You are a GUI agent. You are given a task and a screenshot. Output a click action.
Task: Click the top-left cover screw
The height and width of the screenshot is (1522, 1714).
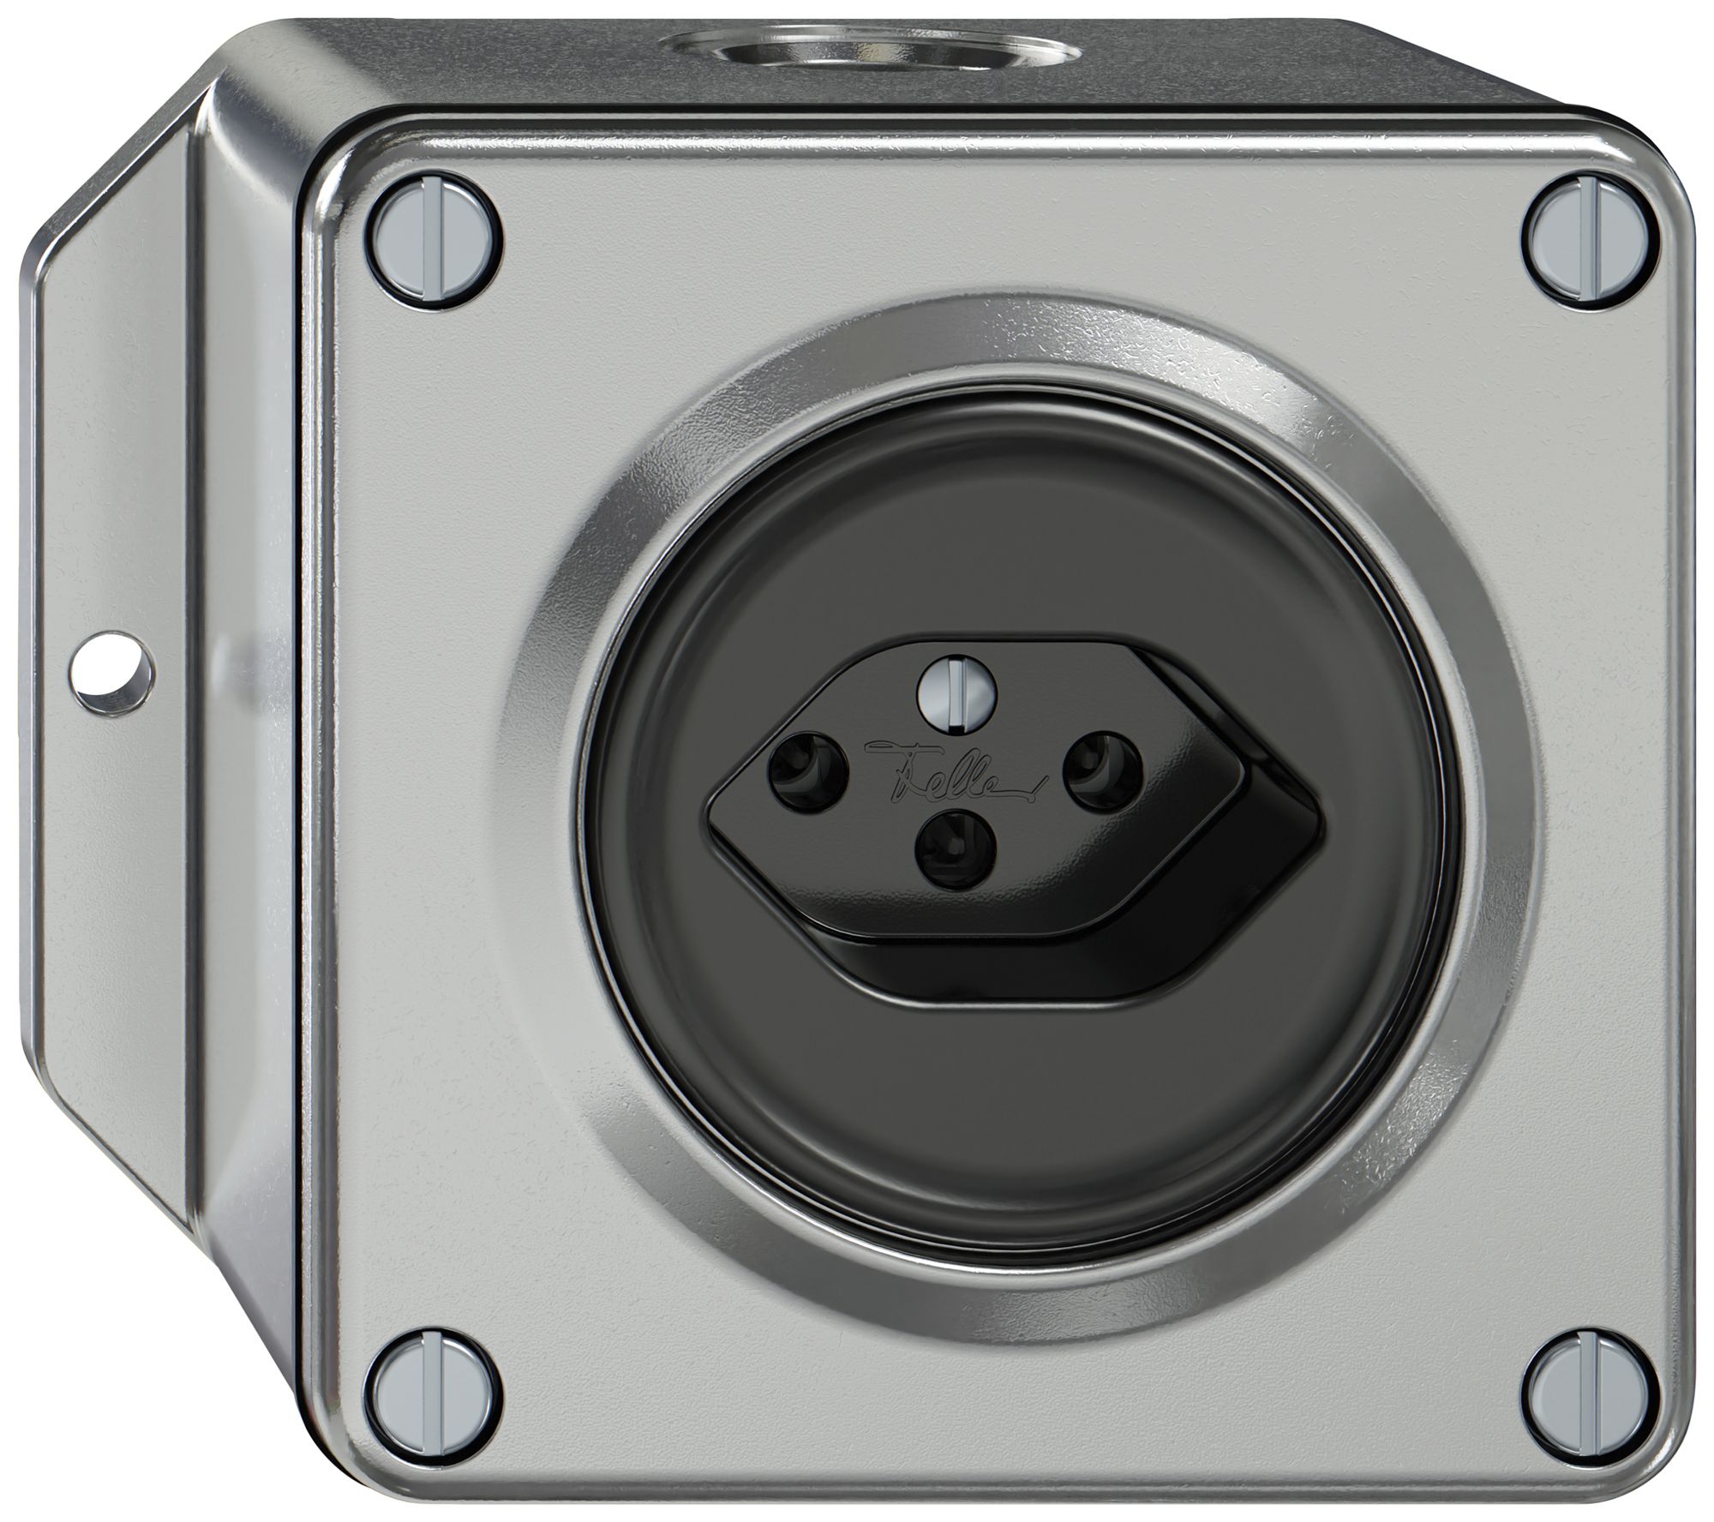(438, 251)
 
